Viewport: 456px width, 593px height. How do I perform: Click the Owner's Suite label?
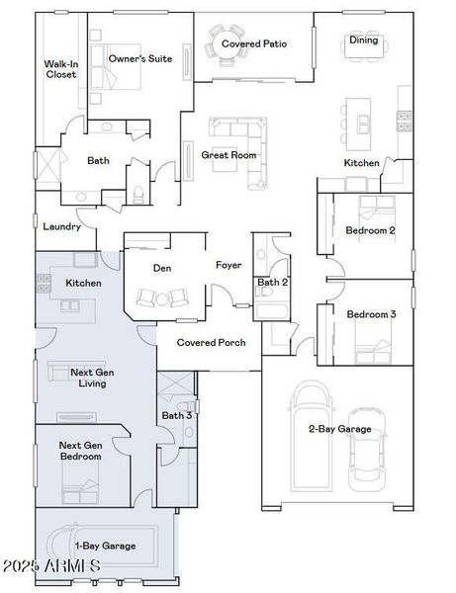(x=139, y=58)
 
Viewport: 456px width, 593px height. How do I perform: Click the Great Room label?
(x=228, y=155)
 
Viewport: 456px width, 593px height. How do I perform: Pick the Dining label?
(x=363, y=41)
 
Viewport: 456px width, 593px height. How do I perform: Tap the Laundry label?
(x=61, y=226)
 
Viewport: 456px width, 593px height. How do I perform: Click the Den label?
(x=163, y=268)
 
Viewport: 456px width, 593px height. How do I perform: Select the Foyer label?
(x=228, y=265)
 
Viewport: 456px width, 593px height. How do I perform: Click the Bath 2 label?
(x=272, y=283)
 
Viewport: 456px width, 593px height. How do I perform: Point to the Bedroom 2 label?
(x=370, y=230)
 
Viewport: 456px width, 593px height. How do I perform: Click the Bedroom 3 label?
(x=371, y=314)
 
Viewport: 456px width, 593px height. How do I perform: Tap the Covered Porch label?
(x=211, y=343)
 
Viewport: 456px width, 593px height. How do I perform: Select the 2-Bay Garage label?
(x=339, y=429)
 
